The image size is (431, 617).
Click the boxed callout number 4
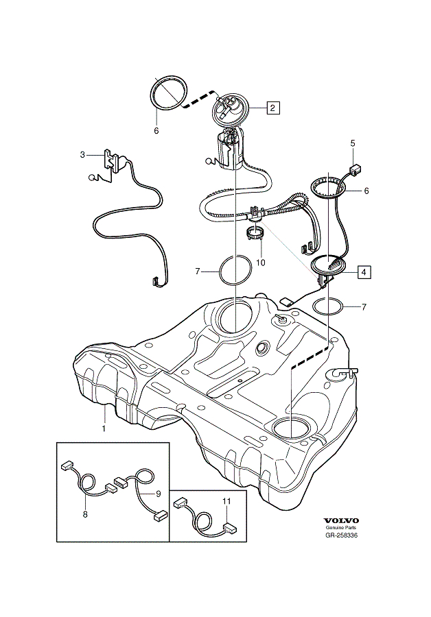point(363,271)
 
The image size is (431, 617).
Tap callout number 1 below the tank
point(104,428)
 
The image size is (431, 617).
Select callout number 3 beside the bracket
point(82,155)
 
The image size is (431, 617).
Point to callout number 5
point(353,143)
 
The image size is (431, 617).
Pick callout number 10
point(260,261)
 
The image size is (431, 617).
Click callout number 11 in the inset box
point(226,501)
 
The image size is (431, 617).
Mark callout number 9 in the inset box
point(158,493)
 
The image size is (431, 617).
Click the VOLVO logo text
point(341,520)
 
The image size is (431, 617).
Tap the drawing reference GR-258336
point(341,536)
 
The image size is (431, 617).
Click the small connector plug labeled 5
point(356,168)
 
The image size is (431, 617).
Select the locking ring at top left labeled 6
point(169,93)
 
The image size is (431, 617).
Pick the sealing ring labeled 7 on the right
point(327,306)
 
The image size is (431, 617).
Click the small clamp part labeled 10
point(255,233)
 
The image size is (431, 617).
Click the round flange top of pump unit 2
point(229,108)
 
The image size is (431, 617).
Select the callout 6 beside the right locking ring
point(366,191)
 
